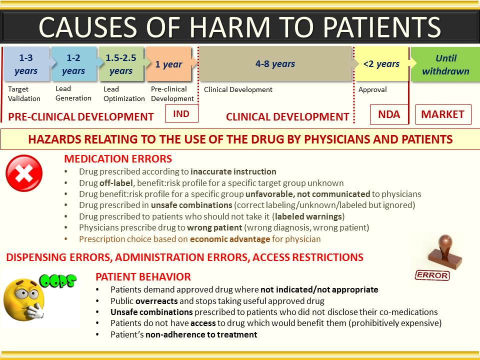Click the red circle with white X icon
click(24, 173)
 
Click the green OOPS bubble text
click(58, 280)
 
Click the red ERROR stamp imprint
click(432, 275)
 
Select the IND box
click(181, 113)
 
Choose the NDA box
click(389, 114)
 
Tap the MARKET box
click(443, 114)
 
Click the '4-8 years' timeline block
click(275, 63)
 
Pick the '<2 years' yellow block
click(381, 63)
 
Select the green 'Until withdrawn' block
click(445, 64)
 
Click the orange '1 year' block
click(169, 64)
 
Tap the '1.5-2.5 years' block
click(121, 64)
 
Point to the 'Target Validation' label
click(24, 93)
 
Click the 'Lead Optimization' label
click(124, 93)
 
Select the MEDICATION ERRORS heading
click(118, 159)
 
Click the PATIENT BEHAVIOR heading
click(143, 276)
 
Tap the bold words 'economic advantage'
click(230, 239)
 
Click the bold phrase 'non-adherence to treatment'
click(201, 334)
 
